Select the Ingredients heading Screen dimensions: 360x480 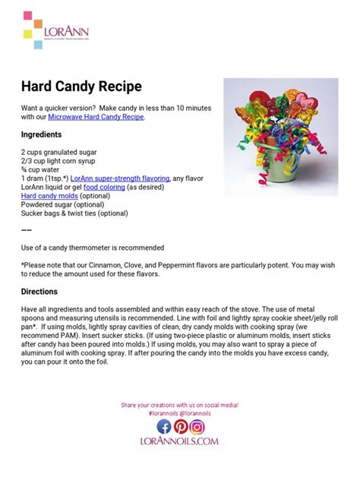tap(45, 134)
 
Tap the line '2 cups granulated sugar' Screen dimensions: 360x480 tap(58, 152)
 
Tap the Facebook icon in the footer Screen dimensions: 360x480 tap(164, 427)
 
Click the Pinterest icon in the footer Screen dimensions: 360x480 tap(180, 427)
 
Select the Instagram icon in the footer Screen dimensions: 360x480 tap(197, 427)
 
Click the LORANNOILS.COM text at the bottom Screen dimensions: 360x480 tap(180, 441)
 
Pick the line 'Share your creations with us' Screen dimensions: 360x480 tap(179, 406)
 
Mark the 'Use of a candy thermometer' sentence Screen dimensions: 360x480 tap(93, 248)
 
